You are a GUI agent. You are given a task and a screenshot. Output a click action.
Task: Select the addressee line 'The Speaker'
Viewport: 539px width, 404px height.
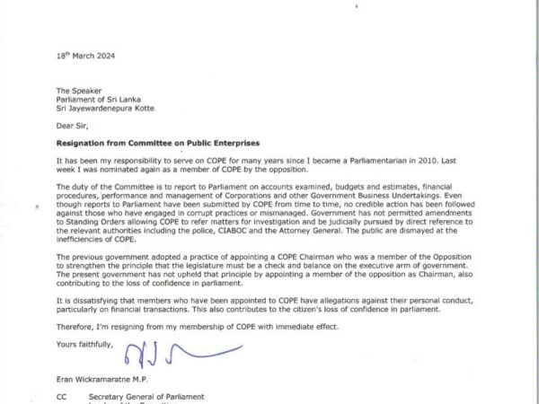[77, 91]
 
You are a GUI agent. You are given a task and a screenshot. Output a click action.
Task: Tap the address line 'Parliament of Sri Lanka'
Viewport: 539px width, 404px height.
[98, 100]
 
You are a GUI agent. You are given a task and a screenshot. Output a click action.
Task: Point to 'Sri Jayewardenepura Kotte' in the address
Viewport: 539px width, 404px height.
[106, 109]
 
